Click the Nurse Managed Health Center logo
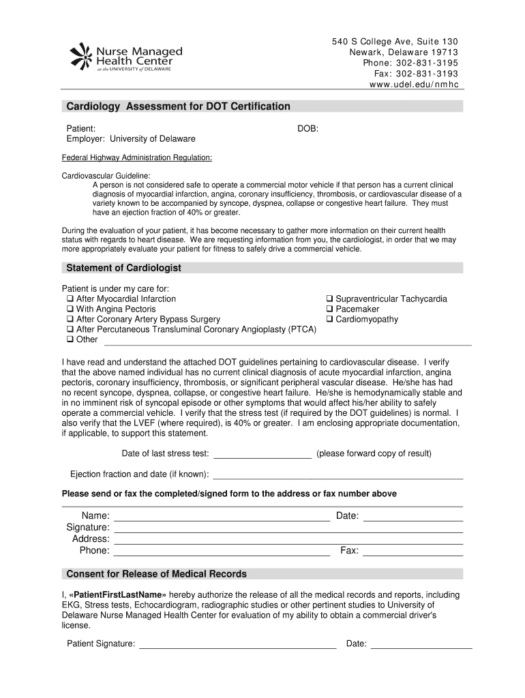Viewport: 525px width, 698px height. (x=126, y=56)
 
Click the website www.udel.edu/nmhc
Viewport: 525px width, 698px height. (x=415, y=85)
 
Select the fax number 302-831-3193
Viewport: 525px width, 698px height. (x=426, y=74)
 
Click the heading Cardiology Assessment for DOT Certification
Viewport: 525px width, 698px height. (x=177, y=107)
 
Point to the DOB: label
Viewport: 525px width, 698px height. (x=307, y=128)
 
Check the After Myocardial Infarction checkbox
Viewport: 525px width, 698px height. (x=70, y=299)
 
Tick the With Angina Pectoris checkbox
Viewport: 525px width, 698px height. (x=70, y=309)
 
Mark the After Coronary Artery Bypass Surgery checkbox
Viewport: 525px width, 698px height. (x=70, y=320)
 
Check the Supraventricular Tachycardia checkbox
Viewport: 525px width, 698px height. (x=329, y=299)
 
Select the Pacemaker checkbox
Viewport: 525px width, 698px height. (x=329, y=309)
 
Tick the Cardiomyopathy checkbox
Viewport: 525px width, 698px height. (x=329, y=320)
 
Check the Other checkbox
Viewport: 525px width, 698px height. (x=70, y=339)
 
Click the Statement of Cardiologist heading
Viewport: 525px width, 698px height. (x=123, y=268)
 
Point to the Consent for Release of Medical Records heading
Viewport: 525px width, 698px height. (x=156, y=574)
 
